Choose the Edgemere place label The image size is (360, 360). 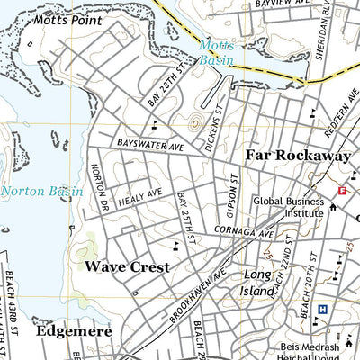coord(75,331)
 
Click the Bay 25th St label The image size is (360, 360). coord(185,217)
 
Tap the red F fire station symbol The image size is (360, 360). coord(342,191)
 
